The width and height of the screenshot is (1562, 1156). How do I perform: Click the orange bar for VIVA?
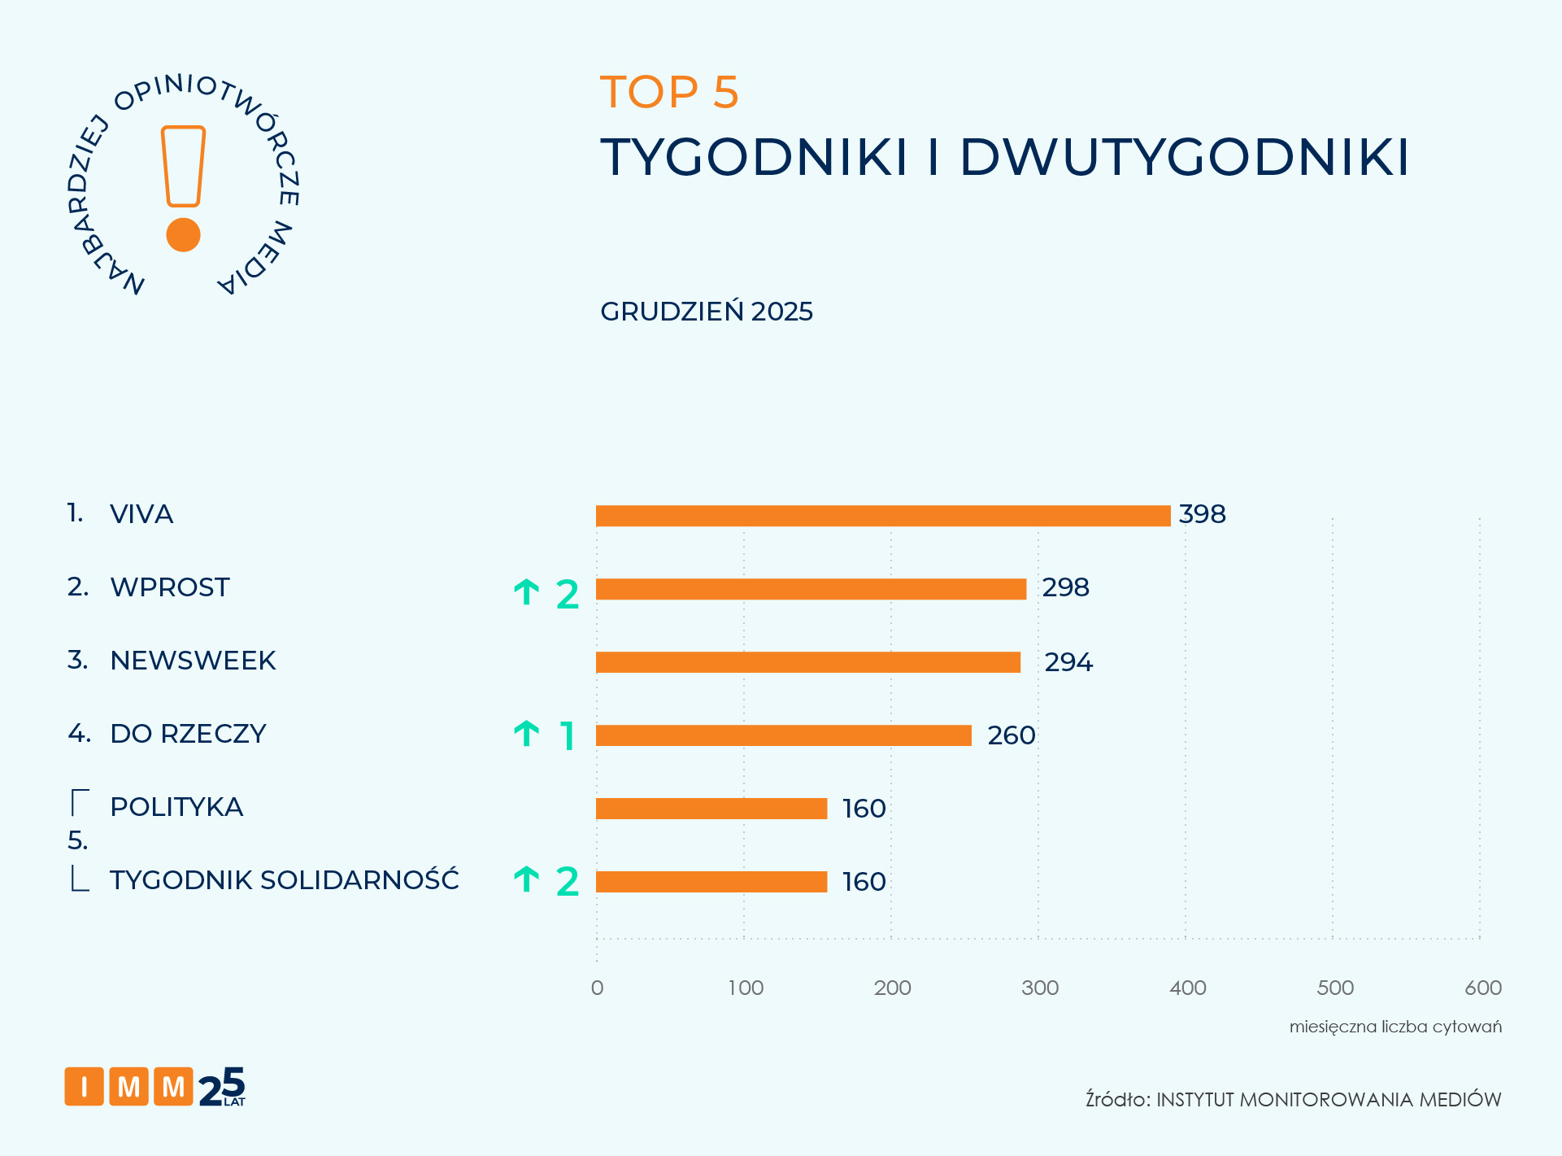pos(882,516)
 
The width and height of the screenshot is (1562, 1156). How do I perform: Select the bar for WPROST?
pos(811,589)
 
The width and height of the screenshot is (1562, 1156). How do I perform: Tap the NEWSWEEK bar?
pos(807,662)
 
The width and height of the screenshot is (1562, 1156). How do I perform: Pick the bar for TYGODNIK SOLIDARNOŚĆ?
pos(711,882)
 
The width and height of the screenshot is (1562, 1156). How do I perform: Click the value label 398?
pos(1202,514)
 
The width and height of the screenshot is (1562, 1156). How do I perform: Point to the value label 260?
pos(1011,735)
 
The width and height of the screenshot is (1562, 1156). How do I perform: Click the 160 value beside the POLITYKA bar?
pos(864,809)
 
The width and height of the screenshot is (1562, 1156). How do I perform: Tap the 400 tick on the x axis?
pos(1187,988)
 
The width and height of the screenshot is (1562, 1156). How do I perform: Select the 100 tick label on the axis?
pos(745,988)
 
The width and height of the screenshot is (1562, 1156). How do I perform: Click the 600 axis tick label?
pos(1482,988)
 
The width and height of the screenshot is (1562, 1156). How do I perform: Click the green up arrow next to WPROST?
pos(527,592)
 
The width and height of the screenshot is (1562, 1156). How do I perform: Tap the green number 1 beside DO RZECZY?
pos(568,736)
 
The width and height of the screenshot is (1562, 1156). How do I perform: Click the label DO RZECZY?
pos(188,734)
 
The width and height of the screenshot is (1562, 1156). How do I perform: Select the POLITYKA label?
pos(176,807)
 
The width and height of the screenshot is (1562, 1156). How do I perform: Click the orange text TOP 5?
pos(668,92)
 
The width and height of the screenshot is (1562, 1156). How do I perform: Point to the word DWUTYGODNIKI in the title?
pos(1184,156)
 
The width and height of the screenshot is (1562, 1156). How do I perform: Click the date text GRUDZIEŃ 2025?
pos(706,312)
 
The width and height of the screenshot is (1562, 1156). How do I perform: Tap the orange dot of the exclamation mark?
pos(183,235)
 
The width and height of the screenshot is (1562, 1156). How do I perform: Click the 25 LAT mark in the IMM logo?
pos(222,1088)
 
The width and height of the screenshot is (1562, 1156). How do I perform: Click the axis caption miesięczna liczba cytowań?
pos(1394,1027)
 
